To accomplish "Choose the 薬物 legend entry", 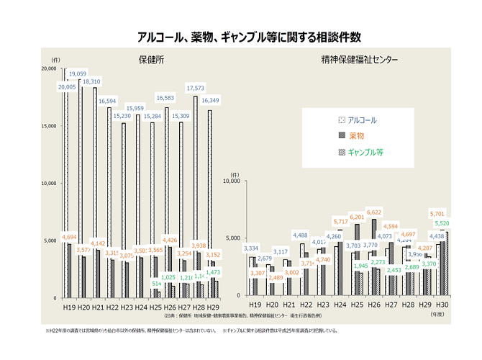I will tap(356, 136).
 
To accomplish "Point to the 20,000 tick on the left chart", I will tap(50, 68).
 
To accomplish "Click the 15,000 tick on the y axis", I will tap(50, 126).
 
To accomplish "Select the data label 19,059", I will tap(78, 74).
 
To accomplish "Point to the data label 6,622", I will tap(373, 213).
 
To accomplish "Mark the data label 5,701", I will tap(437, 214).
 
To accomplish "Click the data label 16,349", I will tap(211, 101).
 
